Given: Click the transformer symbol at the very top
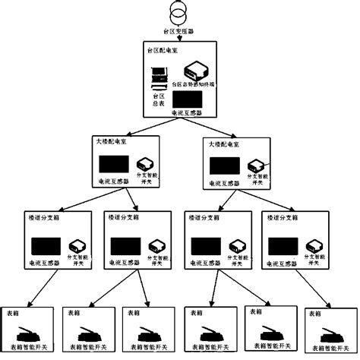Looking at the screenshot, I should point(180,14).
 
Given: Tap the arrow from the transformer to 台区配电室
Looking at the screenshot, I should point(180,37).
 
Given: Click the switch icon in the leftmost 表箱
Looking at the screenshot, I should point(29,332).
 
